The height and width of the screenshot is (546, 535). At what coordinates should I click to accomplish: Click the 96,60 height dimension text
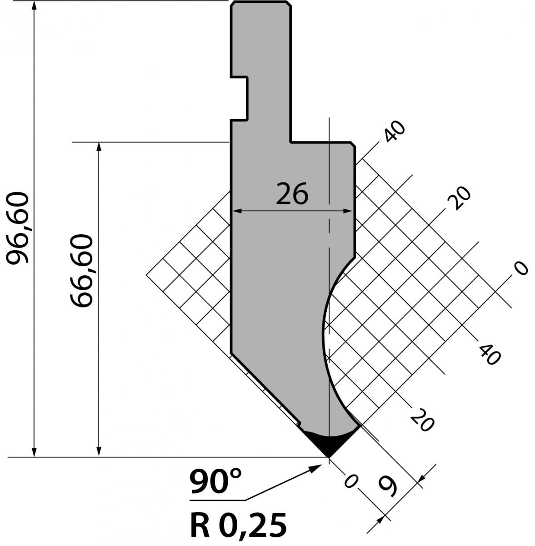[18, 228]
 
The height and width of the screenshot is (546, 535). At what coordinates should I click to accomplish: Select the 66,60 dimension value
[81, 271]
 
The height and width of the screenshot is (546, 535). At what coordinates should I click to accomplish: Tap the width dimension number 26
[292, 194]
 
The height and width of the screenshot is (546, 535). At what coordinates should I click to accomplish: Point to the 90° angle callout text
[215, 481]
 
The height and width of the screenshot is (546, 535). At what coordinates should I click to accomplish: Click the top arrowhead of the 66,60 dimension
[99, 147]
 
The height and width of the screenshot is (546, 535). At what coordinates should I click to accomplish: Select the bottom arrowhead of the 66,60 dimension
[99, 452]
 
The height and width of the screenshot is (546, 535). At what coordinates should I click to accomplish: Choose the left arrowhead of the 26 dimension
[237, 211]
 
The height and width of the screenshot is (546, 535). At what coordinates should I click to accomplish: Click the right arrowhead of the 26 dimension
[348, 211]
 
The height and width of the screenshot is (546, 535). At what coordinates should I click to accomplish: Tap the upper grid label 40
[395, 131]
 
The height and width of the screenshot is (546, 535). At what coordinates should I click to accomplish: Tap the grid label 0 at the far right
[521, 268]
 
